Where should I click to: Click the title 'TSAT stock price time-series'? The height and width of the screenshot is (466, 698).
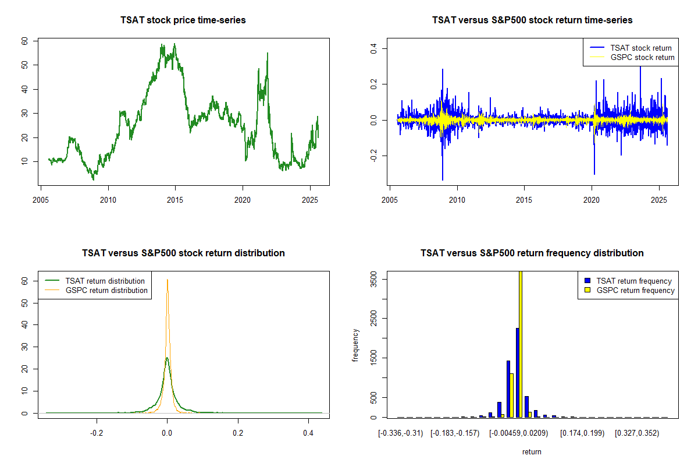[183, 20]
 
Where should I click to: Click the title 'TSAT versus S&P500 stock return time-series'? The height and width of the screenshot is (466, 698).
[532, 20]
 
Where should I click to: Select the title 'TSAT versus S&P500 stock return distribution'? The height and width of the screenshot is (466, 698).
[183, 253]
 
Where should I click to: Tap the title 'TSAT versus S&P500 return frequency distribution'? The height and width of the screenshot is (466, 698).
[532, 253]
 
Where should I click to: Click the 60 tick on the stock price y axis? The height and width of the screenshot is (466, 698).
[25, 41]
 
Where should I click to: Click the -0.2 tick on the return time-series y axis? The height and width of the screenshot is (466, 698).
[374, 156]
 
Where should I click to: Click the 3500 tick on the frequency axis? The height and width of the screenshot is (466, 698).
[374, 280]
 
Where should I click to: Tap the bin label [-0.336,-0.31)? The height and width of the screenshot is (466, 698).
[401, 433]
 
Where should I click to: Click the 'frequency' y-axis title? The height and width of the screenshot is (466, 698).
[355, 345]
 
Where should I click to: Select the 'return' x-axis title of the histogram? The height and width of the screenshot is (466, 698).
[532, 451]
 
